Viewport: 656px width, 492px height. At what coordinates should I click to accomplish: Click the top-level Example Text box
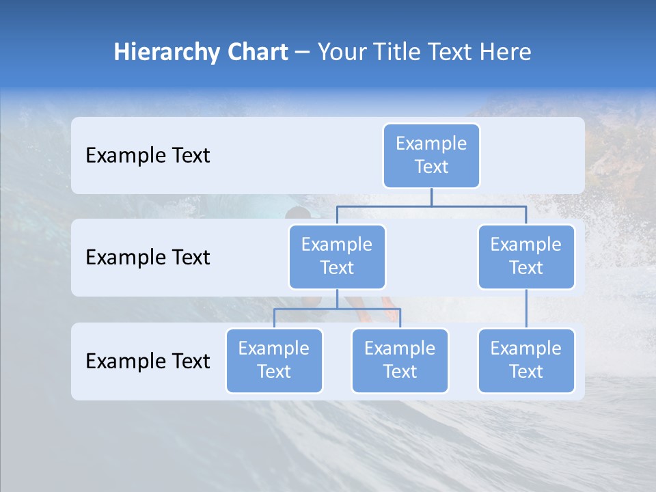[431, 155]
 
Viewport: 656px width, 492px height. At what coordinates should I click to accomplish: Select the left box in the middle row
[337, 256]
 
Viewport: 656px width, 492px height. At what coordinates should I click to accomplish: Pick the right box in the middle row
[526, 256]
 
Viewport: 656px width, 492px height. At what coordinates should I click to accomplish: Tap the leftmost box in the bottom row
[274, 360]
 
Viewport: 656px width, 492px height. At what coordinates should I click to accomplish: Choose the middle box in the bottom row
[400, 360]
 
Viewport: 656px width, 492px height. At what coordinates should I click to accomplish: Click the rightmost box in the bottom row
[526, 360]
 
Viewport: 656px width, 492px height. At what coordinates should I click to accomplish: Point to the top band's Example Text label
[148, 155]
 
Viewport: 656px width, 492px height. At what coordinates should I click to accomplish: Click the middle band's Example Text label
[148, 257]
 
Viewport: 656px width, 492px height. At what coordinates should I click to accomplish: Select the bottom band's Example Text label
[148, 361]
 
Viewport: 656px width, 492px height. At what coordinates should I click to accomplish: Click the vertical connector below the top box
[431, 197]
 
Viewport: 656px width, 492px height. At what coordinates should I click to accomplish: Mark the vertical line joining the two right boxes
[526, 309]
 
